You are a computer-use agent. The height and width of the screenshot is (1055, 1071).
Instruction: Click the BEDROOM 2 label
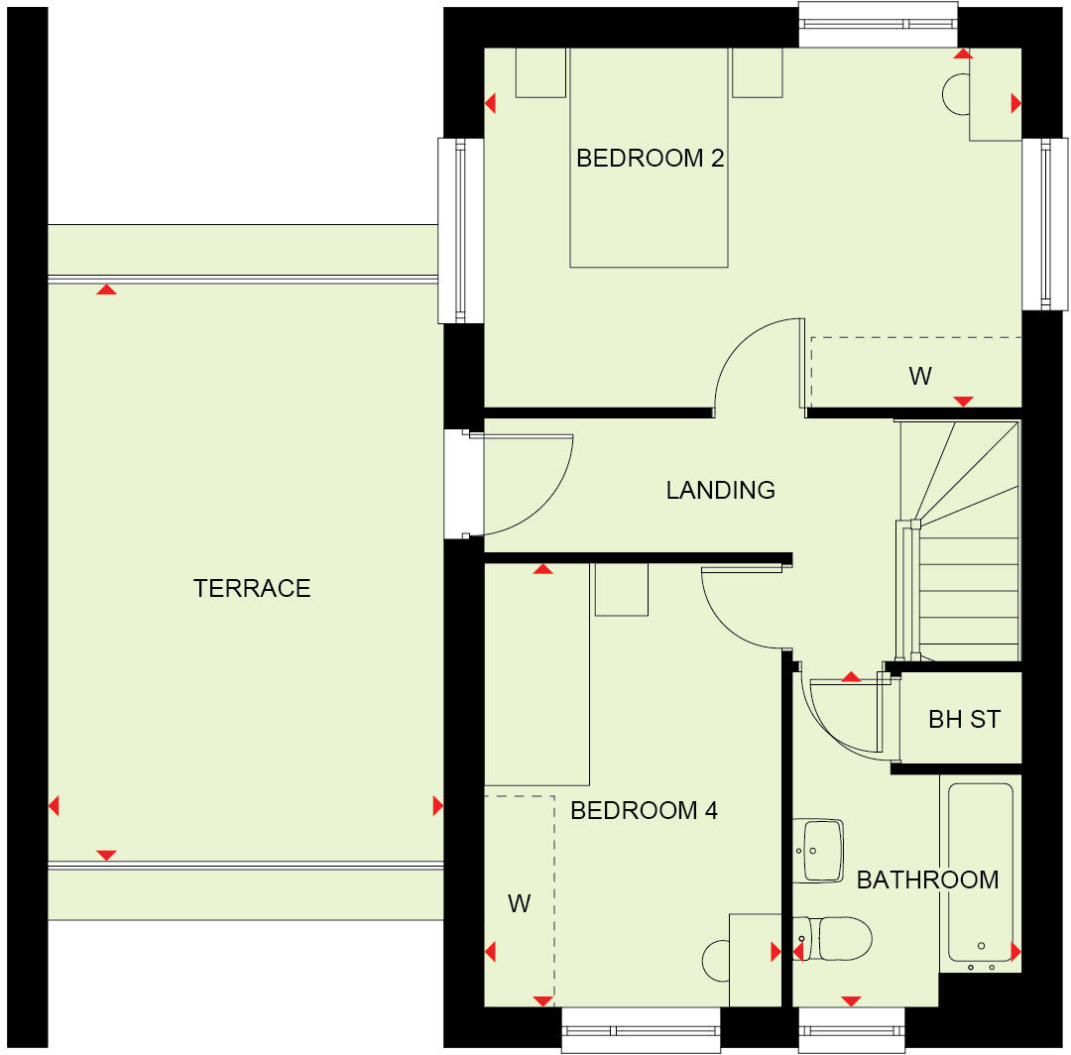point(650,159)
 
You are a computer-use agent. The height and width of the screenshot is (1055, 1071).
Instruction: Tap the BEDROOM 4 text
point(644,811)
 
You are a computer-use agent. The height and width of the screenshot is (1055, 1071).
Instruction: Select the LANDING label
point(720,490)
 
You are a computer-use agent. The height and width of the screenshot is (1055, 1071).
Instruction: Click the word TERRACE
point(252,589)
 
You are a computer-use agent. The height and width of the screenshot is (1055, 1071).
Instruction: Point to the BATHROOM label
point(927,879)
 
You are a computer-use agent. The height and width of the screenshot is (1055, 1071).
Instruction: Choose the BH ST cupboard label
point(964,719)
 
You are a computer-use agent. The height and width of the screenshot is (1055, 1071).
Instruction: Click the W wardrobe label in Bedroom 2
point(919,377)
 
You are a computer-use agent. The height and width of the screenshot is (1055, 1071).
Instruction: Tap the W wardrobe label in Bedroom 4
point(519,904)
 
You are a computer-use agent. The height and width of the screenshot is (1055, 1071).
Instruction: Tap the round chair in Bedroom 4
point(716,960)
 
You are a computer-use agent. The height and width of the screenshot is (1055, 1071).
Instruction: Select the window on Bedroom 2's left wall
point(461,230)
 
